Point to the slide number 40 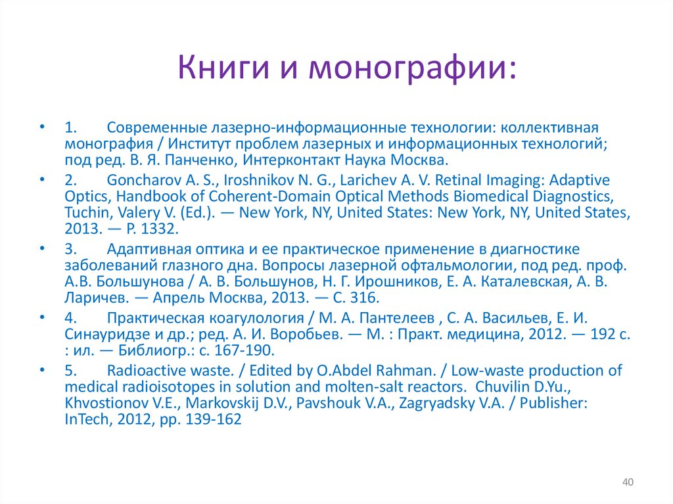click(x=627, y=483)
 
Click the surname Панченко click(x=203, y=160)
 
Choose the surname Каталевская click(x=517, y=283)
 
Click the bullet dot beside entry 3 click(x=42, y=250)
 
